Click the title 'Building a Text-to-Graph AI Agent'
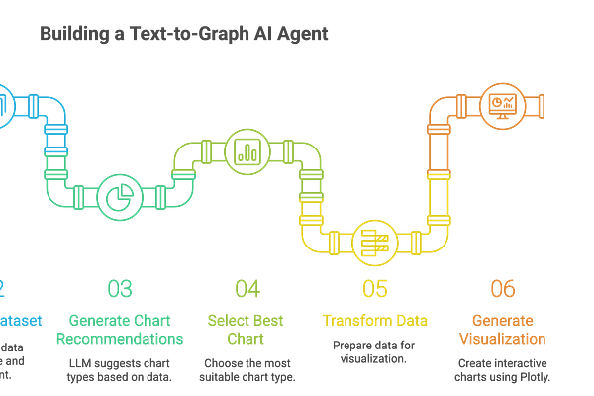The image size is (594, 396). click(x=185, y=35)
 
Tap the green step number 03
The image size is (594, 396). click(x=120, y=288)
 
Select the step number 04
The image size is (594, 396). click(x=247, y=288)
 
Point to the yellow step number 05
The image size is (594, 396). click(x=374, y=288)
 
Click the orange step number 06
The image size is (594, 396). click(x=503, y=288)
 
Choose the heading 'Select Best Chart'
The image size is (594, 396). click(x=247, y=329)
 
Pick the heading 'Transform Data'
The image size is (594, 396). click(x=374, y=319)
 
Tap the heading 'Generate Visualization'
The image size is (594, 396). click(x=503, y=329)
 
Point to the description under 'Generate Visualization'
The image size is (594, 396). click(x=503, y=370)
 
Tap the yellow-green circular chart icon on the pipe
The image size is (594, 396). click(x=244, y=150)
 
